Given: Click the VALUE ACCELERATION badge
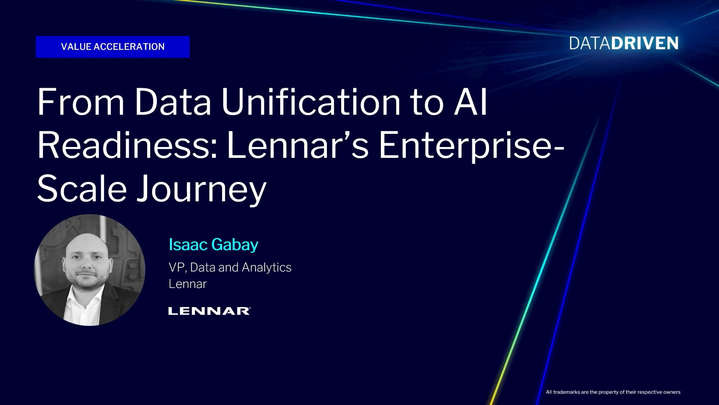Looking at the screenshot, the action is coord(113,47).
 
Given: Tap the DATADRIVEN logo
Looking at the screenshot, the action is coord(624,43).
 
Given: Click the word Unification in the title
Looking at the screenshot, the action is coord(311,102).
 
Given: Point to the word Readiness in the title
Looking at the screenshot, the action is coord(127,145).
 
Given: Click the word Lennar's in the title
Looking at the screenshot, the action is coord(298,145).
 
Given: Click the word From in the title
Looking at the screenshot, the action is coord(81,102).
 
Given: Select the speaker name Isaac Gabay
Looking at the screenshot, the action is coord(213,245).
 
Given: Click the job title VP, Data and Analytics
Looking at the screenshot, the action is coord(230,267).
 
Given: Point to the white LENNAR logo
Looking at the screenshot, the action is coord(209,311).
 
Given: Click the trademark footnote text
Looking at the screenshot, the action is coord(613,392).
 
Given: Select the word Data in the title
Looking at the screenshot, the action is coord(173,102).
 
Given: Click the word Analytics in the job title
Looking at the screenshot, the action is coord(267,268).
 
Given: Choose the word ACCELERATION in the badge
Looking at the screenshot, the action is coord(129,47).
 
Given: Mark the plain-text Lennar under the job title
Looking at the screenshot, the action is coord(188,284).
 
